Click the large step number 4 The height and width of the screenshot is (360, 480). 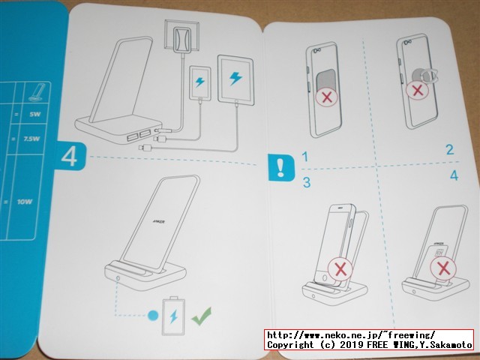[69, 157]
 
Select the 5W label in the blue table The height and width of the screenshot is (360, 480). [34, 116]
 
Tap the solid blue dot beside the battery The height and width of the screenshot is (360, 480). [152, 315]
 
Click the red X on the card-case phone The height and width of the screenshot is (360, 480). [327, 97]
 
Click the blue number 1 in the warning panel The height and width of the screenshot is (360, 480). [306, 157]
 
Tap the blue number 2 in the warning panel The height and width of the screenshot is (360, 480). [449, 150]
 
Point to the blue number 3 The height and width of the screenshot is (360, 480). [306, 182]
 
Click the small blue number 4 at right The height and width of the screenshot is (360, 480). [453, 176]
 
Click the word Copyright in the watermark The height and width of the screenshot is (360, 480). [293, 344]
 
